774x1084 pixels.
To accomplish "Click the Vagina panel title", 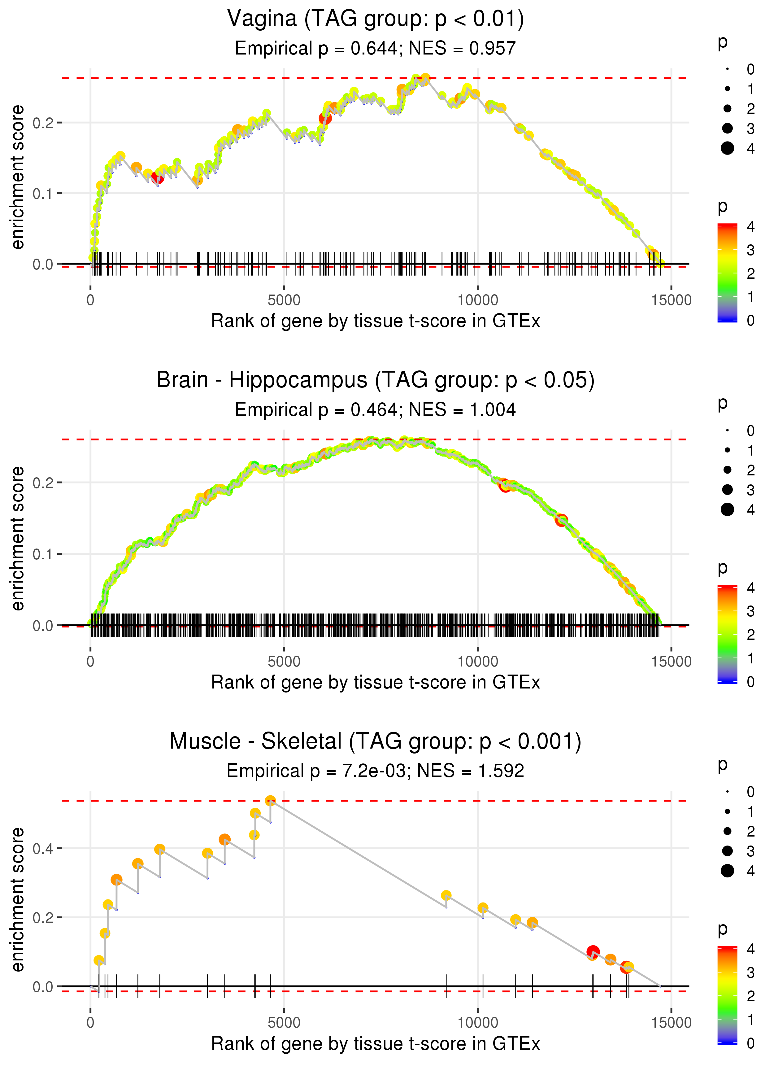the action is click(x=376, y=19).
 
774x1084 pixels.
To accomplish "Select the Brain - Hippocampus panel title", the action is click(x=376, y=380).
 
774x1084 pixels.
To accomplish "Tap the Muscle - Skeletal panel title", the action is click(x=376, y=742).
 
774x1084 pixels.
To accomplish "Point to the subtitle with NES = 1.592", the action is click(x=376, y=771).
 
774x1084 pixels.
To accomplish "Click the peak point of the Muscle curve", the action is click(x=270, y=801).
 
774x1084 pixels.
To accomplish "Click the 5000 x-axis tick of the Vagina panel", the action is click(x=284, y=300).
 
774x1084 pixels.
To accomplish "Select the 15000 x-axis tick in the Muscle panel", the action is click(x=672, y=1023).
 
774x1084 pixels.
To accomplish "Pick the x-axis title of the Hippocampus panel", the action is click(x=376, y=683).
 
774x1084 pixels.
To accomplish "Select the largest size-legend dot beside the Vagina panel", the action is click(x=727, y=148).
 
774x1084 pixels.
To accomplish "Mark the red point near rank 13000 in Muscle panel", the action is click(x=592, y=952).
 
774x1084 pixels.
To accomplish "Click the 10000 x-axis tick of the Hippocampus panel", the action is click(x=477, y=662).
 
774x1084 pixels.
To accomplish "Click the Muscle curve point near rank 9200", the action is click(x=446, y=896).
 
